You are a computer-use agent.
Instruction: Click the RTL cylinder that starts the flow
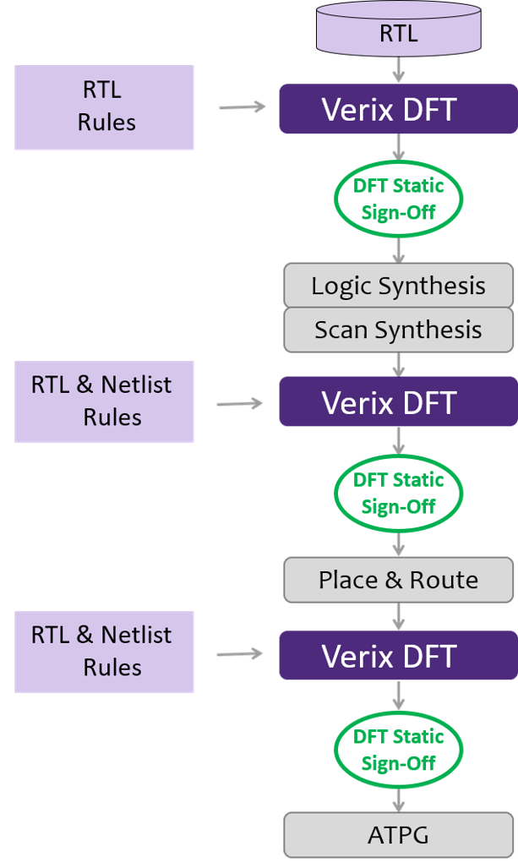tap(398, 31)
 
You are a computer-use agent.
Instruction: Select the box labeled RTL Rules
tap(104, 107)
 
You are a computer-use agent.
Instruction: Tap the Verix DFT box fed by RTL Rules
tap(398, 108)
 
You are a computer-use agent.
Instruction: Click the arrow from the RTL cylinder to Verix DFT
tap(398, 68)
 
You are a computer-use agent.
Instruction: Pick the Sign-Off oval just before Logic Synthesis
tap(398, 198)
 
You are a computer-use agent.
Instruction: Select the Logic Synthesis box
tap(398, 286)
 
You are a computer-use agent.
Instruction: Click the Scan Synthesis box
tap(398, 329)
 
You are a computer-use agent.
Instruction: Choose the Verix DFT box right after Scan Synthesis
tap(398, 402)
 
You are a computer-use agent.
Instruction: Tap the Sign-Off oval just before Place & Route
tap(398, 493)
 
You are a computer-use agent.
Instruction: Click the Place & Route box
tap(398, 580)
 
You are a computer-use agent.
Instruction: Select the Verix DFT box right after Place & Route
tap(398, 656)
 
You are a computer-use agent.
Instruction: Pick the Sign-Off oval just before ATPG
tap(398, 749)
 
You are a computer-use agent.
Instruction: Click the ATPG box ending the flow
tap(398, 835)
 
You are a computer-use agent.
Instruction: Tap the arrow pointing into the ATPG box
tap(398, 799)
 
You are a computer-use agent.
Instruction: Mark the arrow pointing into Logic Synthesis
tap(398, 248)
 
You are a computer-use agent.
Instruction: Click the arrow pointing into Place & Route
tap(398, 543)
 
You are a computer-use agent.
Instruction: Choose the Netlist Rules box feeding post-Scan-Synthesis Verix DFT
tap(104, 401)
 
